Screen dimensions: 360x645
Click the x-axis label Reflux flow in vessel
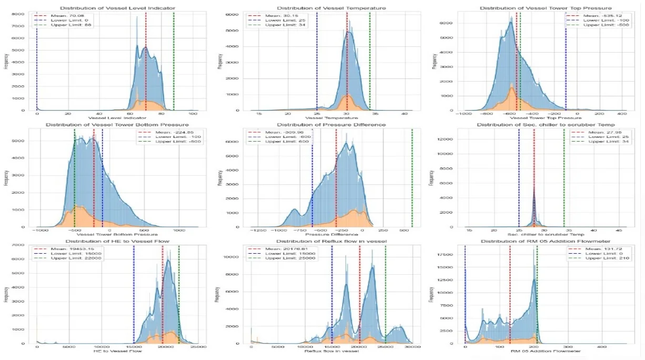click(x=331, y=351)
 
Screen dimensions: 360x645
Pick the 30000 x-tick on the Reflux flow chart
click(x=412, y=346)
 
